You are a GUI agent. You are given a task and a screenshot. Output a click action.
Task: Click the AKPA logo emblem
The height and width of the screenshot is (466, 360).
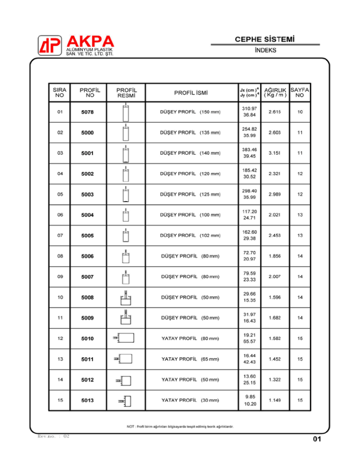[50, 45]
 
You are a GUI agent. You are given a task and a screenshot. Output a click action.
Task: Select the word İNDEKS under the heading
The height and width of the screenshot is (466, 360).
[265, 50]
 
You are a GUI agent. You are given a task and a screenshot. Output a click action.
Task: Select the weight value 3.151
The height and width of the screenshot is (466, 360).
[274, 153]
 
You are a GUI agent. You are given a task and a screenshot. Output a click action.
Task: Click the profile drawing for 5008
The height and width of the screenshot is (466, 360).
[125, 297]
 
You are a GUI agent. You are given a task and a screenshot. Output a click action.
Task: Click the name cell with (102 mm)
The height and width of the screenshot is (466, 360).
[190, 235]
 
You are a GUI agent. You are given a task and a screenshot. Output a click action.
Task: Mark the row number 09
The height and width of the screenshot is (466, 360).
[59, 277]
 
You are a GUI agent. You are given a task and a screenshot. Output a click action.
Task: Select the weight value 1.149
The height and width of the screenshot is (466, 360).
[274, 400]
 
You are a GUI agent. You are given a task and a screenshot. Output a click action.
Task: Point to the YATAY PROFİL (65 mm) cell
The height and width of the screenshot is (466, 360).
[190, 359]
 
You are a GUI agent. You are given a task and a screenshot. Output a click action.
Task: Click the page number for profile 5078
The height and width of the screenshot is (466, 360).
[300, 112]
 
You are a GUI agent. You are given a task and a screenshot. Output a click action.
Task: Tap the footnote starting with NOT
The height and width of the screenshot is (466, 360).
[180, 426]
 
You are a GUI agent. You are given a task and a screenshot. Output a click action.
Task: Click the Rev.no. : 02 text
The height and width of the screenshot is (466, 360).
[53, 436]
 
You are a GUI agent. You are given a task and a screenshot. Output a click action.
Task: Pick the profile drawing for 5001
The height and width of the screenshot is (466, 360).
[125, 153]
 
